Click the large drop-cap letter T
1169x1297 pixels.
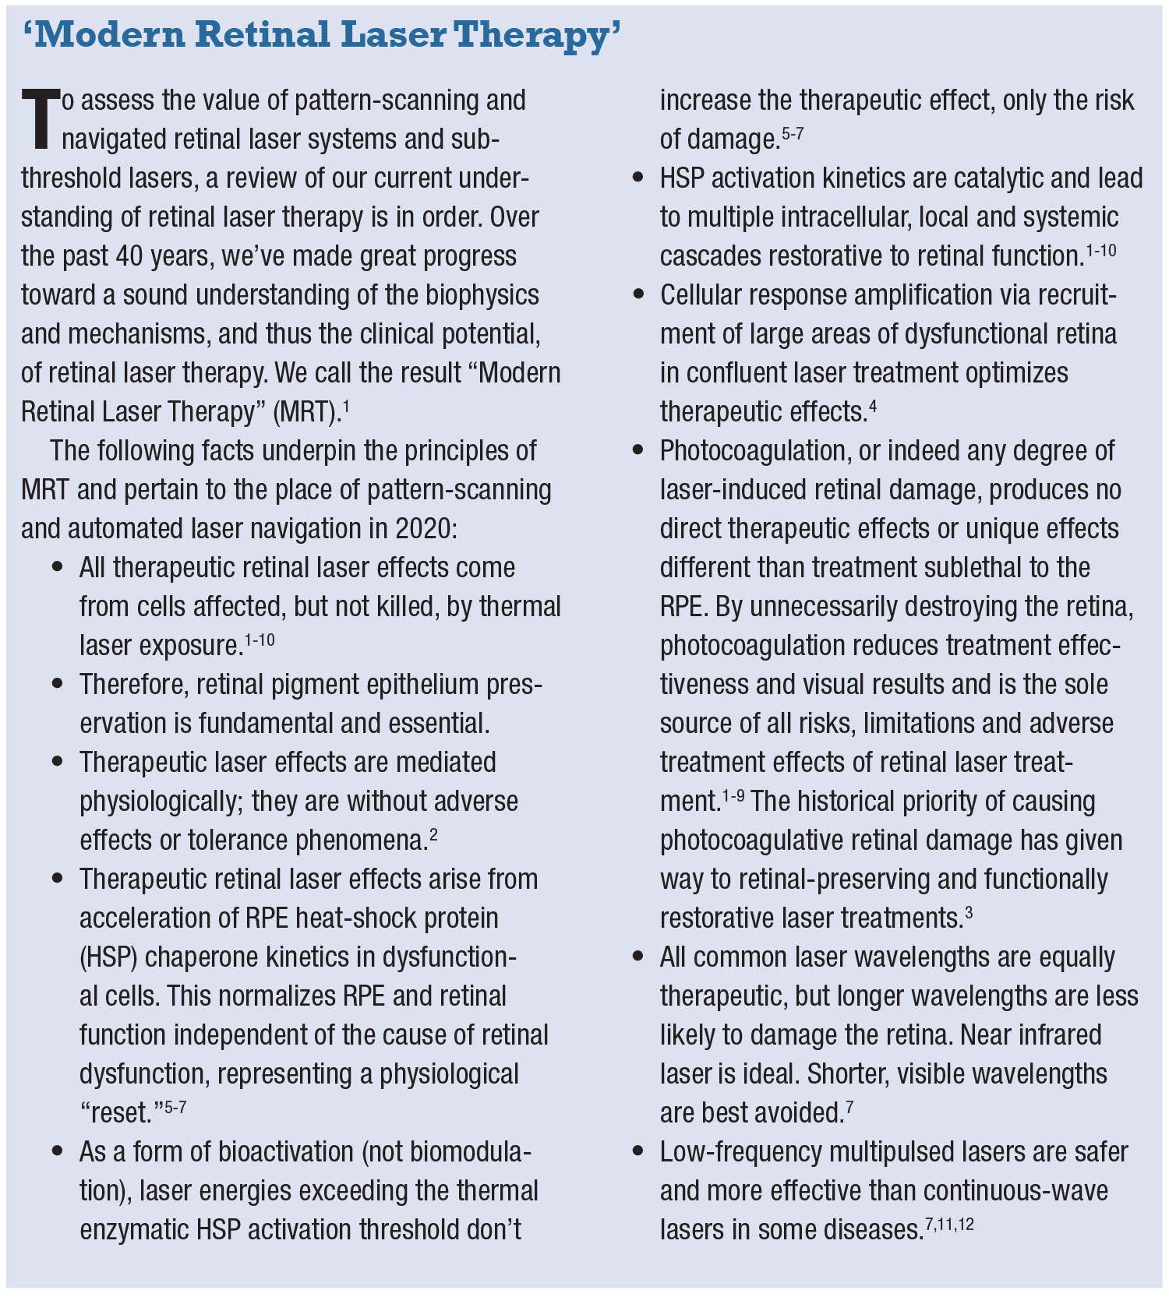40,119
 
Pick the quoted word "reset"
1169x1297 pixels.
121,1113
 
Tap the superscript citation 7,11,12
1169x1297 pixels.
949,1224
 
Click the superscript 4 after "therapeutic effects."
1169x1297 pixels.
873,406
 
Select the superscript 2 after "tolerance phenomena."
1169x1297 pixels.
433,834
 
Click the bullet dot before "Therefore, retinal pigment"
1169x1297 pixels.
57,684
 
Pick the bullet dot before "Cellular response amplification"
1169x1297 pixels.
638,294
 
